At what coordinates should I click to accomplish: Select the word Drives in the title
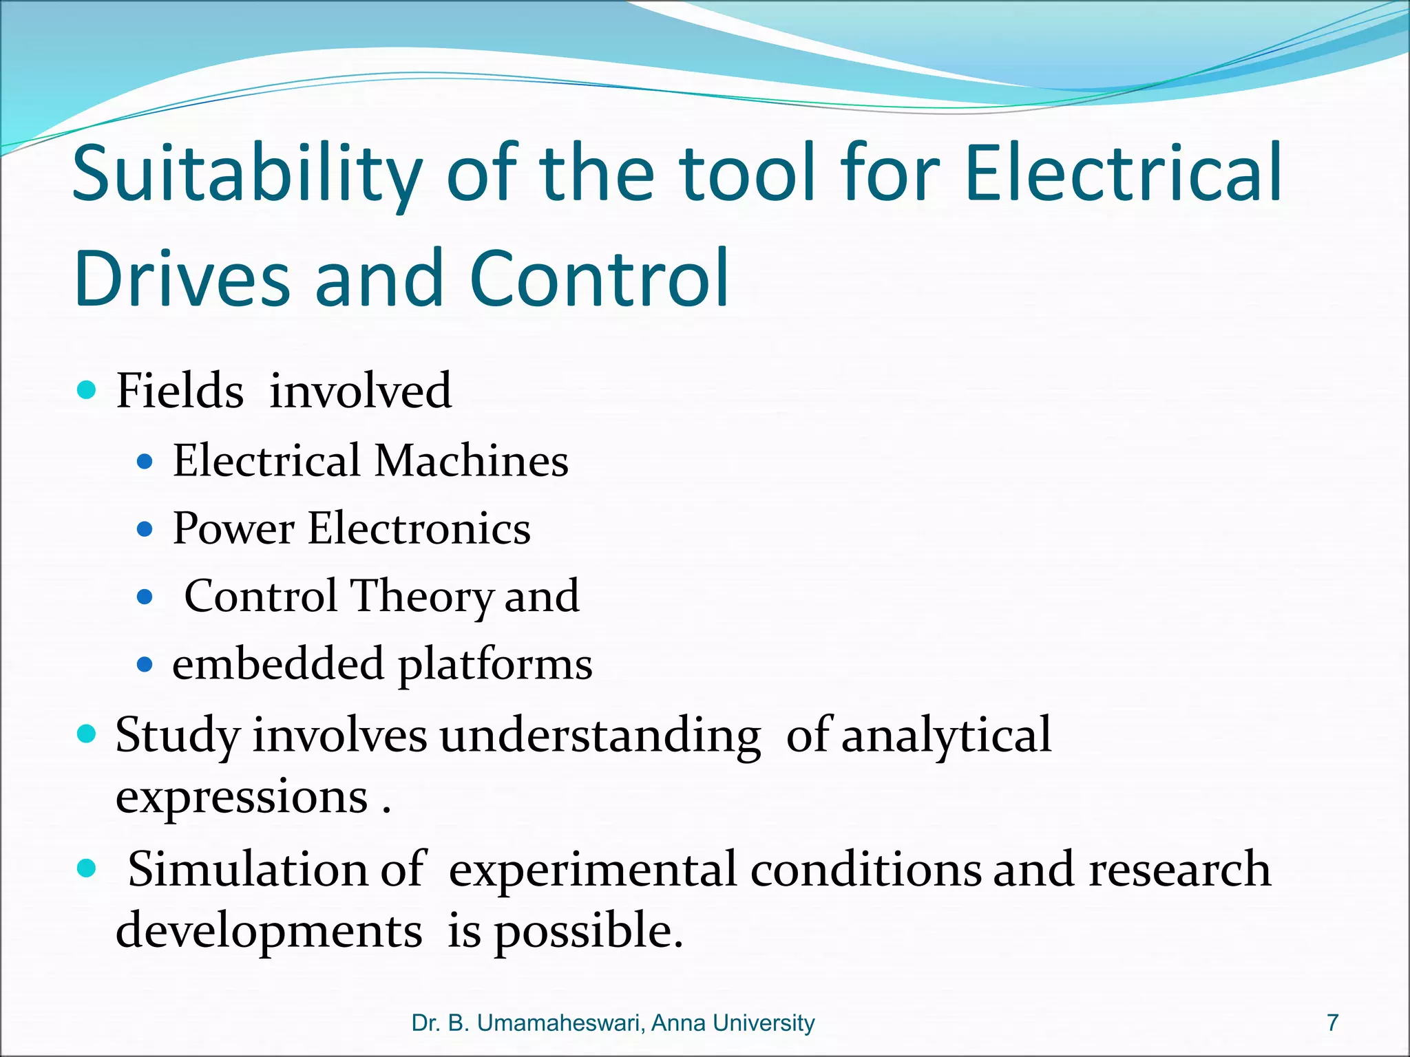(182, 278)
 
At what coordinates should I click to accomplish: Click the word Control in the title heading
(598, 278)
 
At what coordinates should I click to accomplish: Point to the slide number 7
(1333, 1023)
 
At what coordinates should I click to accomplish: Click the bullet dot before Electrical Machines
(144, 461)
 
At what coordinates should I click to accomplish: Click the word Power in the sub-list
(233, 528)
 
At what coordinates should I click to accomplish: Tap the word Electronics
(419, 528)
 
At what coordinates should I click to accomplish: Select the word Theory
(421, 597)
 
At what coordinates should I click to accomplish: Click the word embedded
(277, 664)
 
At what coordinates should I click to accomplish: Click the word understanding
(600, 736)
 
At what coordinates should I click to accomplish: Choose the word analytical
(946, 736)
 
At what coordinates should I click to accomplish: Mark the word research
(1179, 869)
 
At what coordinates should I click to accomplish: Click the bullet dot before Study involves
(87, 734)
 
